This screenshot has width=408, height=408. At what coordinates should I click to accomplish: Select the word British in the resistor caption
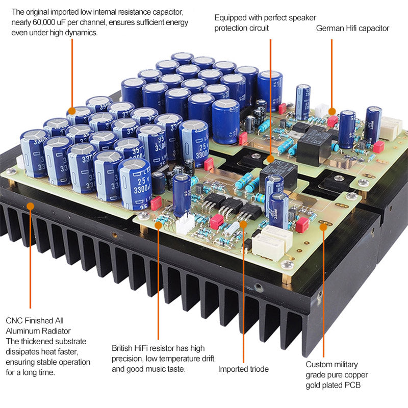(x=124, y=348)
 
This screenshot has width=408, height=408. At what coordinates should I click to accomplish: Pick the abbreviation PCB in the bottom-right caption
(x=350, y=385)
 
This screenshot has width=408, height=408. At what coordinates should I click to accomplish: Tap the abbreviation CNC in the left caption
(x=14, y=321)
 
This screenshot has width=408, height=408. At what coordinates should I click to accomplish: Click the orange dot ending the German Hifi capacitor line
(x=331, y=110)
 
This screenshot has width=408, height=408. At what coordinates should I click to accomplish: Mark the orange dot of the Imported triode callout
(x=243, y=221)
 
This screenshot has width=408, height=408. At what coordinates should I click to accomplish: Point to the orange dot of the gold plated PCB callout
(x=323, y=227)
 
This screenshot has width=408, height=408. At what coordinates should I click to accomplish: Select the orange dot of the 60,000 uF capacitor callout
(x=72, y=110)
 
